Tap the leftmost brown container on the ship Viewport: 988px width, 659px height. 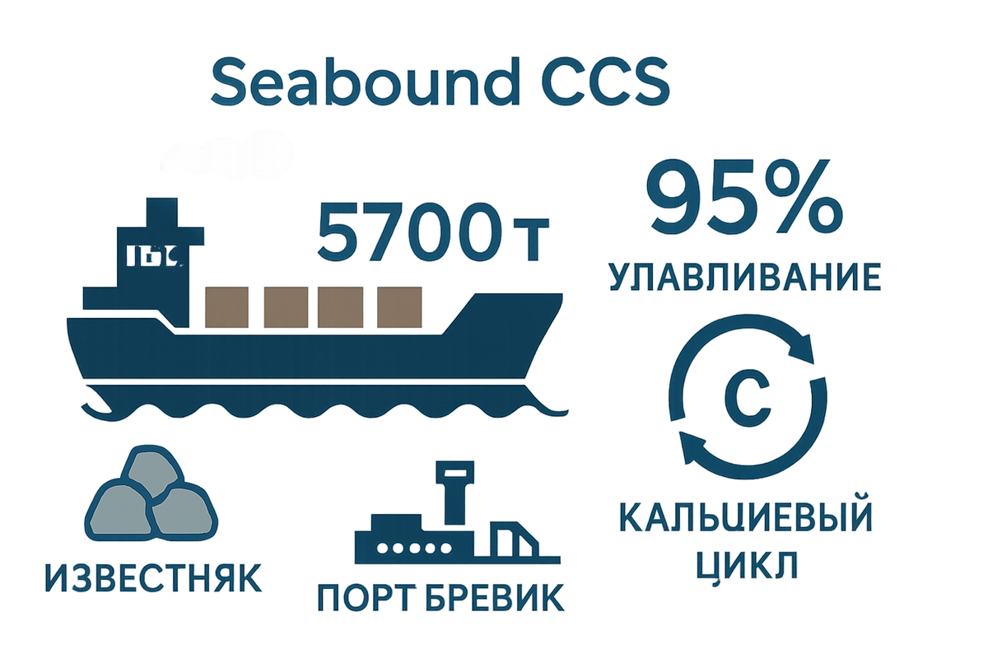pos(226,306)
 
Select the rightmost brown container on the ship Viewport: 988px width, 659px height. pos(398,306)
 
